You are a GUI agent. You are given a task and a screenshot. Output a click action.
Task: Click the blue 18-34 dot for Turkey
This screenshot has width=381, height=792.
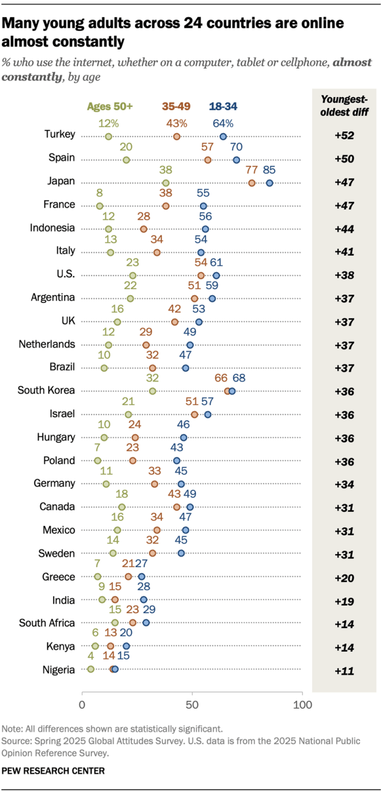click(223, 137)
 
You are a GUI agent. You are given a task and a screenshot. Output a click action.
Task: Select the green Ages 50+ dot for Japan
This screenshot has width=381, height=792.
click(166, 183)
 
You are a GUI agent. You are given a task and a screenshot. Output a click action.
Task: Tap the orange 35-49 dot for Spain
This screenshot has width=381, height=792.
click(208, 160)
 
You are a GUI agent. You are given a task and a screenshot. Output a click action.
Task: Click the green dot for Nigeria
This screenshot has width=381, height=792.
click(90, 670)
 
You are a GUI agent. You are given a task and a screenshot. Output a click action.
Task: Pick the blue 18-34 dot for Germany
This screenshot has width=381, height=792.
click(182, 484)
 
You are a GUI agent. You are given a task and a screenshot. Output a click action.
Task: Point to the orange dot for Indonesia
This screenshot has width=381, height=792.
click(143, 229)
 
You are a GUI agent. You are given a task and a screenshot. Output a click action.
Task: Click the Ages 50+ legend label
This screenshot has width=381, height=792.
click(110, 106)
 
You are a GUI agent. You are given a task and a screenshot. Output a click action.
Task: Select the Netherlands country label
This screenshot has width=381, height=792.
click(47, 344)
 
